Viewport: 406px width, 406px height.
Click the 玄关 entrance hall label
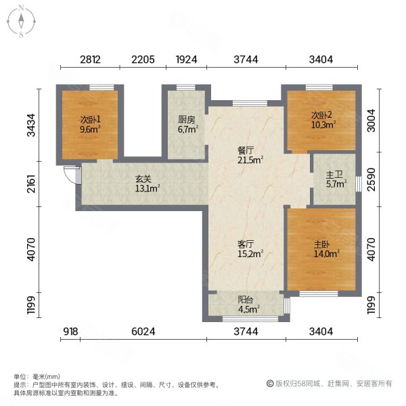(142, 179)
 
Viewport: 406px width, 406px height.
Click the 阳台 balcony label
(245, 302)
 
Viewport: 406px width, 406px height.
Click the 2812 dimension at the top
(90, 60)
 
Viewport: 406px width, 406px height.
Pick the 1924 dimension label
(186, 60)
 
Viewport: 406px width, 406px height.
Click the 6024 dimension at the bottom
(143, 332)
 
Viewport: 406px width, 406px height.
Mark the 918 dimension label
(71, 332)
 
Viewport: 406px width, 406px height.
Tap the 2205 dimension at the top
(143, 60)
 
